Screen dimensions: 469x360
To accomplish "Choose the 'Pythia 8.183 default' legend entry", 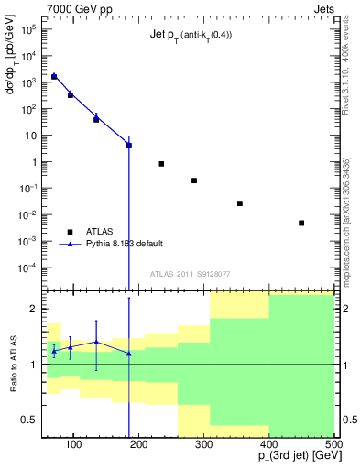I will click(x=126, y=244).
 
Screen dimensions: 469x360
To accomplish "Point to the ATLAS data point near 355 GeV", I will click(x=240, y=203).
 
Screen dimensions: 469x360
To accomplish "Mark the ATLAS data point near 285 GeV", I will click(x=194, y=180).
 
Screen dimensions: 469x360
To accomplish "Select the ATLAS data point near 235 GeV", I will click(x=161, y=164).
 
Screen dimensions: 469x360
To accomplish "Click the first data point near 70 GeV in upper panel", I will click(x=54, y=77).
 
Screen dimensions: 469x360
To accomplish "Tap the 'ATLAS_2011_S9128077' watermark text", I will click(x=190, y=273).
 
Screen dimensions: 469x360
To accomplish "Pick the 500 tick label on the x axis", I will click(x=333, y=444).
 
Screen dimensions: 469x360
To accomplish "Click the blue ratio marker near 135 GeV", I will click(x=96, y=342).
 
